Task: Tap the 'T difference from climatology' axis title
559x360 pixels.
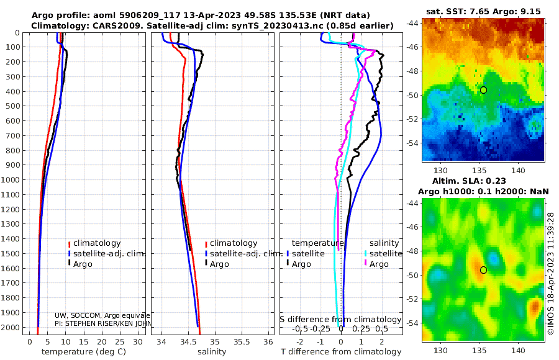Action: pyautogui.click(x=341, y=352)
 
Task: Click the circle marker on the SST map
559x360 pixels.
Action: pyautogui.click(x=484, y=90)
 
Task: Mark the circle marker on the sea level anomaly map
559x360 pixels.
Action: pyautogui.click(x=484, y=270)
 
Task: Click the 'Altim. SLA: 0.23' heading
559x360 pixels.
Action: pyautogui.click(x=484, y=180)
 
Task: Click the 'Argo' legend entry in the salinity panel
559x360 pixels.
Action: pyautogui.click(x=219, y=264)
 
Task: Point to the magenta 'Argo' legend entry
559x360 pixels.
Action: pyautogui.click(x=379, y=264)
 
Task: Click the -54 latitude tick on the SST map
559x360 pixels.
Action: pyautogui.click(x=413, y=143)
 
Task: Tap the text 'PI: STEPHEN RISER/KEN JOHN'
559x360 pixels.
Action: pyautogui.click(x=102, y=324)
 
